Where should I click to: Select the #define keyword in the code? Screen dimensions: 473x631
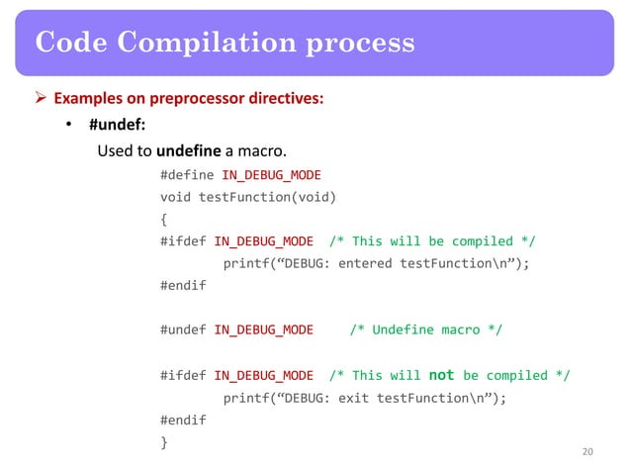(x=183, y=175)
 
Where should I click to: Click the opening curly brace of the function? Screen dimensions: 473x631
(x=163, y=219)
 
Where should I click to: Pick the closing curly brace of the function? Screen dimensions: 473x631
(x=163, y=442)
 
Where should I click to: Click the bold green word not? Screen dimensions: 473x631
(x=441, y=375)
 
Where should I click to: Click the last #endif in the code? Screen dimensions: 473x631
(x=183, y=420)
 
